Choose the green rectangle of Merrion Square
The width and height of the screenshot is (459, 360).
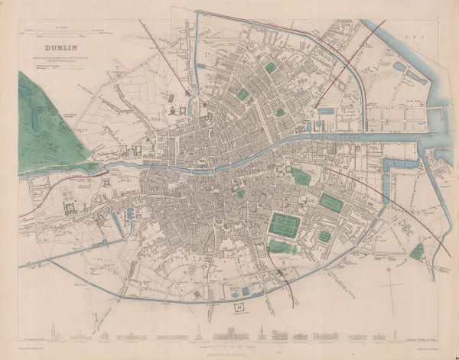pos(330,203)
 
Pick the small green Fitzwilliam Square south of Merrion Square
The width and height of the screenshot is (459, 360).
pos(324,236)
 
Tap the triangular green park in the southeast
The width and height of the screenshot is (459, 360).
pos(416,251)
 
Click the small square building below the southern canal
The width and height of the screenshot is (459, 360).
pos(239,306)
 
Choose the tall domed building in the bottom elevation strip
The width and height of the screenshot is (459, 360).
pos(225,333)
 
